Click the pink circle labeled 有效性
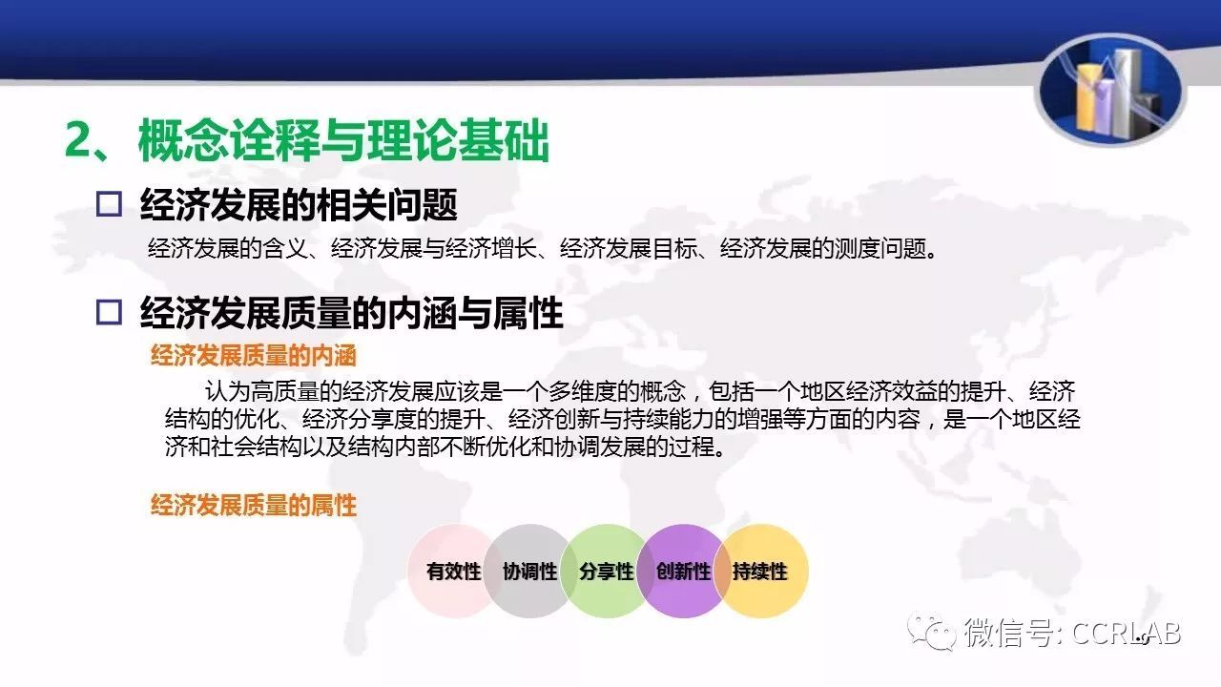(x=453, y=571)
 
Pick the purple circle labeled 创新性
(x=683, y=571)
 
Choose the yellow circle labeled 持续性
(x=761, y=571)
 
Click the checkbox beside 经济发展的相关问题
(x=109, y=204)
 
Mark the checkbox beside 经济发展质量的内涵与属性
(x=109, y=312)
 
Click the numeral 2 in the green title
(x=79, y=140)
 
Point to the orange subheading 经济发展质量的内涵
(x=254, y=356)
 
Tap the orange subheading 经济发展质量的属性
(x=254, y=506)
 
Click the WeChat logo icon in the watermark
(x=931, y=632)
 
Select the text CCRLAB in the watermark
(x=1127, y=634)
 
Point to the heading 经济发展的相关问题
(x=299, y=204)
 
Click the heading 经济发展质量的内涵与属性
(x=352, y=312)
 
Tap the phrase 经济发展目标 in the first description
(x=629, y=249)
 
